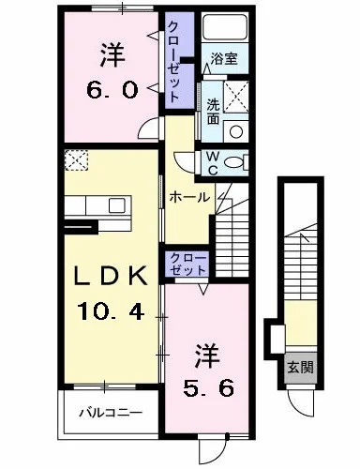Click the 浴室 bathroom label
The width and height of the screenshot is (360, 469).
(224, 58)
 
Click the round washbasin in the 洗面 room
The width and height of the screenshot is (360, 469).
(236, 131)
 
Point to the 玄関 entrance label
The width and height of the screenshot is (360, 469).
(300, 367)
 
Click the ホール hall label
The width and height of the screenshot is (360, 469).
(189, 197)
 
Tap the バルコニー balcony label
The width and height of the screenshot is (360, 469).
(111, 413)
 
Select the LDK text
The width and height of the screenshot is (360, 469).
(110, 275)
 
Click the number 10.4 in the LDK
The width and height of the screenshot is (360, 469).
(111, 311)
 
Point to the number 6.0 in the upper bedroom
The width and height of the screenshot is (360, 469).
(112, 90)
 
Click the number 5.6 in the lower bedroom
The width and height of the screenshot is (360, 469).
(208, 388)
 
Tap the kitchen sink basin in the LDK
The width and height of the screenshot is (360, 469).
(116, 205)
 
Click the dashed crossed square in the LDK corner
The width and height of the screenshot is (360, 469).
(77, 160)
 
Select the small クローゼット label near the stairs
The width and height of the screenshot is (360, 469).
(188, 265)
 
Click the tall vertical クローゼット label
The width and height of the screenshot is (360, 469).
(174, 62)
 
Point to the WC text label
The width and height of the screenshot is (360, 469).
(213, 163)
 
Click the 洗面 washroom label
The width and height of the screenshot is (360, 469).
(213, 112)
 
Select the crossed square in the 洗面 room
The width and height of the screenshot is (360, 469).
(236, 97)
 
